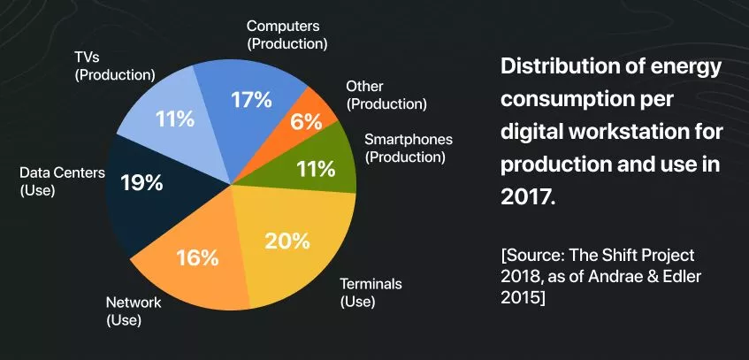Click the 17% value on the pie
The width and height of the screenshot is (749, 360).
(x=251, y=100)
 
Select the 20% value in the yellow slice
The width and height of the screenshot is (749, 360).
(x=287, y=240)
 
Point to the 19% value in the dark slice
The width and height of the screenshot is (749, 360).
(x=141, y=182)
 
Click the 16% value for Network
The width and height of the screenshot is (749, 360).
(x=196, y=257)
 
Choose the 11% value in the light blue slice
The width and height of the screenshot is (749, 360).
(x=174, y=118)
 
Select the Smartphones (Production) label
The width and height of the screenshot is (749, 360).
(x=409, y=148)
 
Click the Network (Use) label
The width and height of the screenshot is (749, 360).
(x=134, y=310)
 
